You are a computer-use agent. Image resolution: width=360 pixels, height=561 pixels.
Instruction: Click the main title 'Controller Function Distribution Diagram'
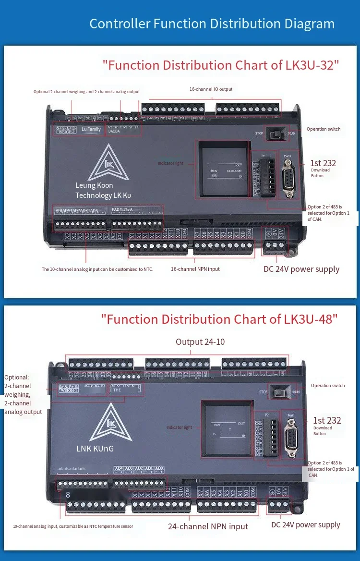coord(212,24)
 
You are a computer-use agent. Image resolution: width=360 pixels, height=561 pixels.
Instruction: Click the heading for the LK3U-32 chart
coord(221,65)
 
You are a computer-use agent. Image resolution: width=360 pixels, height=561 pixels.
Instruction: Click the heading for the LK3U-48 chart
coord(219,319)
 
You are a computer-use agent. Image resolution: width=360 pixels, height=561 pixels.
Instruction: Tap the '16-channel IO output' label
coord(211,89)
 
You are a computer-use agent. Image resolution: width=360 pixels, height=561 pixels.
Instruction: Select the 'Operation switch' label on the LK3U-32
coord(324,129)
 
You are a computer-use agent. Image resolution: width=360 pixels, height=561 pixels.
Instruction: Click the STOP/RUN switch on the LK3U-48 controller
coord(279,391)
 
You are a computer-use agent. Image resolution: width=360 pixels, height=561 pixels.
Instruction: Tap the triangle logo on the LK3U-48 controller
coord(111,423)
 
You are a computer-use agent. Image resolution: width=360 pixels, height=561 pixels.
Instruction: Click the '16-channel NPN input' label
coord(195,269)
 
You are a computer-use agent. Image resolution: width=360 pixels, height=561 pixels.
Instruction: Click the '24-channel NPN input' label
coord(208,526)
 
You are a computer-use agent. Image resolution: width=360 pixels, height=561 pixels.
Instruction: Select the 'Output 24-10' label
coord(200,342)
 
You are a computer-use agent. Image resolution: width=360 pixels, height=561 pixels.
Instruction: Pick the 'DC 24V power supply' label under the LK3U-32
coord(301,269)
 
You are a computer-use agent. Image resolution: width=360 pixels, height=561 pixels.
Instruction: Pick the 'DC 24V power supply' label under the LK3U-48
coord(306,525)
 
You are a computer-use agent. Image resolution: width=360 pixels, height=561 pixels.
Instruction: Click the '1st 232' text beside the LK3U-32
coord(324,163)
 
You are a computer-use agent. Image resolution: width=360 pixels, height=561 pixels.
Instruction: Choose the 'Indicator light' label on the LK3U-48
coord(179,427)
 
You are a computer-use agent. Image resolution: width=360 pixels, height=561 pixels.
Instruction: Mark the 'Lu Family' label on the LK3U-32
coord(91,129)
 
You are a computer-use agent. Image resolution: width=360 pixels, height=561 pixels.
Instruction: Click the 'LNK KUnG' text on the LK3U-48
coord(95,449)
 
